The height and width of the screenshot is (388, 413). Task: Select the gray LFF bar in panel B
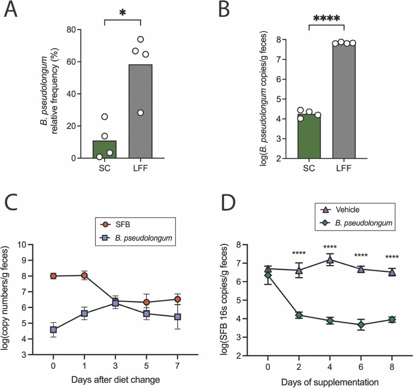344,102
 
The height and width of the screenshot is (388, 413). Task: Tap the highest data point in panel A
140,39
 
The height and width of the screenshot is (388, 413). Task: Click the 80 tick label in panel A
71,30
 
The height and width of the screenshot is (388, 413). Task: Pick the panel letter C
11,202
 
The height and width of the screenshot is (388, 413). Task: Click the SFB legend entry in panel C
122,224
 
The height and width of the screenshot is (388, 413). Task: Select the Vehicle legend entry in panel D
347,209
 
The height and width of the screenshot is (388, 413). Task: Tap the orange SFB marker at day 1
84,275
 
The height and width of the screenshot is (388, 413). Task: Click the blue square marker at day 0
53,330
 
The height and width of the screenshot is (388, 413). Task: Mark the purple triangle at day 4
330,260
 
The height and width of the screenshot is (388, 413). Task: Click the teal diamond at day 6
361,324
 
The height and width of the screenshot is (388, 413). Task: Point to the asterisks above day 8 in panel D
392,257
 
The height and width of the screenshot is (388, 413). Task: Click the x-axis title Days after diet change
115,380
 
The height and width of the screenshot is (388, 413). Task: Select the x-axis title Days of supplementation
330,382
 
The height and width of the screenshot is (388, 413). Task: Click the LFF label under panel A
140,168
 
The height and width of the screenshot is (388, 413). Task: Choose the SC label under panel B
309,168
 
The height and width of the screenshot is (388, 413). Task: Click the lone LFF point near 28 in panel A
140,113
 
